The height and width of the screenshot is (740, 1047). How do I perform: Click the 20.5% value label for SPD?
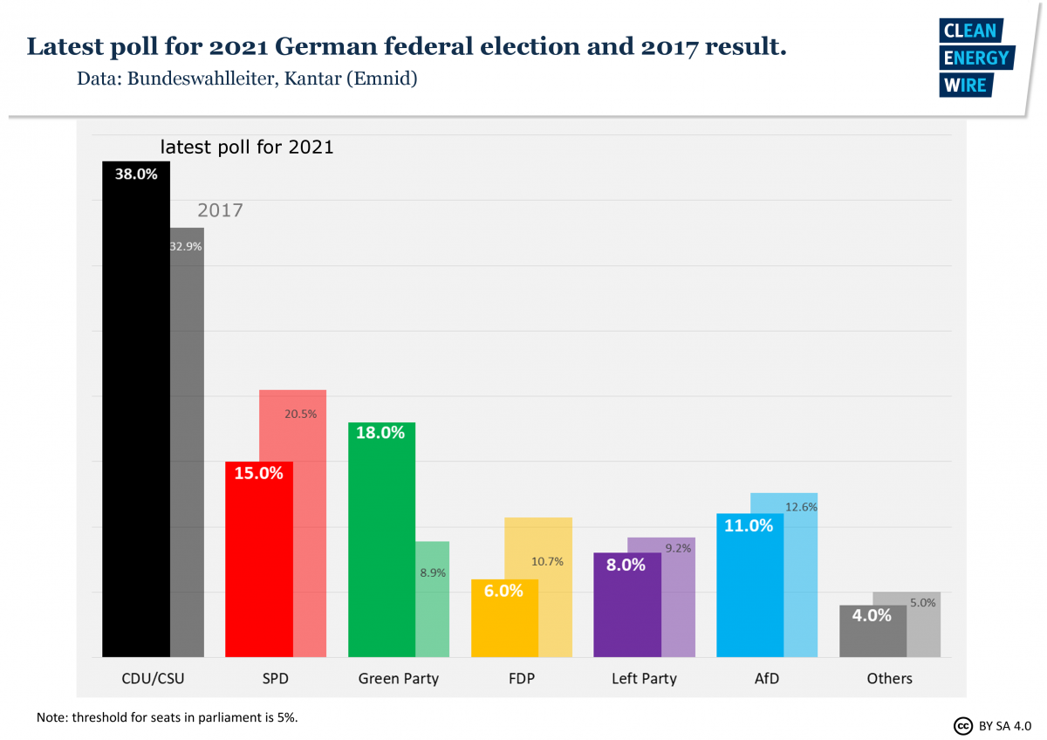(x=301, y=415)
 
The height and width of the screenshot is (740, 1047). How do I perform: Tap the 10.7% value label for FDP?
(x=547, y=562)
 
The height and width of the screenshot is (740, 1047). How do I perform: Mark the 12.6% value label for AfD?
(x=801, y=507)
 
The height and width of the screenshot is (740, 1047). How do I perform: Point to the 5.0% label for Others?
(x=923, y=602)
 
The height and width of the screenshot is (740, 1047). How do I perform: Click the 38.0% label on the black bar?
(x=136, y=175)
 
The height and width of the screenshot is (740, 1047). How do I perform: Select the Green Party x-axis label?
(x=399, y=679)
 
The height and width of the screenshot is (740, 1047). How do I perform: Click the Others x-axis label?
(x=889, y=679)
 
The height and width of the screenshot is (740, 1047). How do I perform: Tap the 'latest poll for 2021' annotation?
(x=247, y=147)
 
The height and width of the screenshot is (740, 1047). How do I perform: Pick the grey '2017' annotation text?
(x=220, y=210)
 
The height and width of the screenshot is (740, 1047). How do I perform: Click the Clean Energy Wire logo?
(x=975, y=58)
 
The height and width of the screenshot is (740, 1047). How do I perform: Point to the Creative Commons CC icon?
(x=963, y=725)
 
